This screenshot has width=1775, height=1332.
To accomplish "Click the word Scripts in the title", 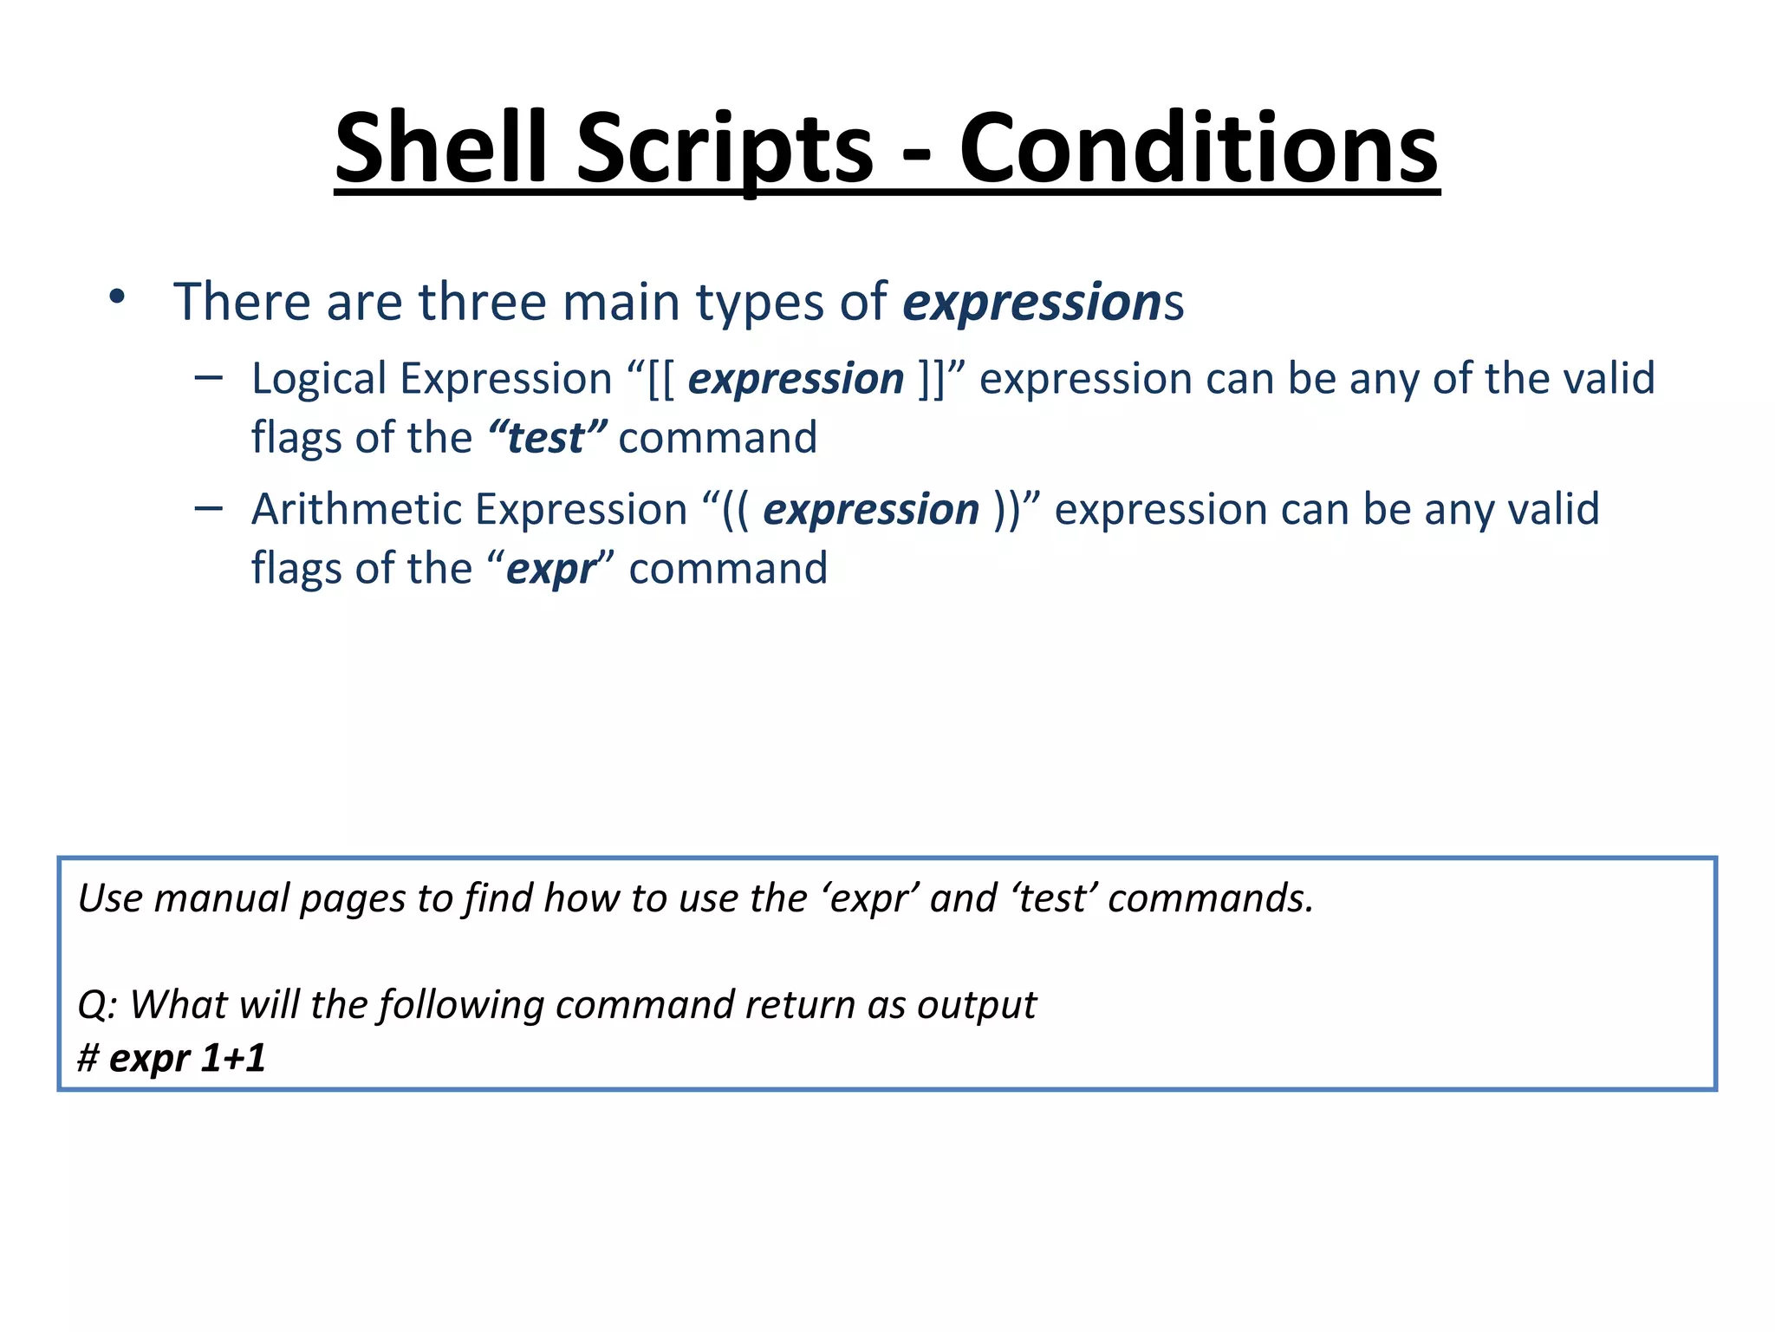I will pos(725,147).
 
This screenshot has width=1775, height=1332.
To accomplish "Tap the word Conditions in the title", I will pos(1199,147).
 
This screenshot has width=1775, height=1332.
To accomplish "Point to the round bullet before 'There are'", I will pos(117,297).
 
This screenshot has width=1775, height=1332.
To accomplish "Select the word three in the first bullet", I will pos(484,302).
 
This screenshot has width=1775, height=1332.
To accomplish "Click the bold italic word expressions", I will pos(1031,302).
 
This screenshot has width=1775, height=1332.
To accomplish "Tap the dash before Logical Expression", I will pos(209,377).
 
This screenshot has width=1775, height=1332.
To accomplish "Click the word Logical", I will pos(319,379).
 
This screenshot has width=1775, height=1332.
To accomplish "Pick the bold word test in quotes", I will pos(546,438).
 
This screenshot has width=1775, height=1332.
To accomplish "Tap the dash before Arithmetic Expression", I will pos(209,508).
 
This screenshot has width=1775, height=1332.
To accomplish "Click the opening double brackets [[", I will pos(661,379).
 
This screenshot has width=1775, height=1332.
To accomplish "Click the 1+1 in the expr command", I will pos(232,1058).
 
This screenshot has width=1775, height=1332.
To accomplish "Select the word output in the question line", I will pos(976,1004).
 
